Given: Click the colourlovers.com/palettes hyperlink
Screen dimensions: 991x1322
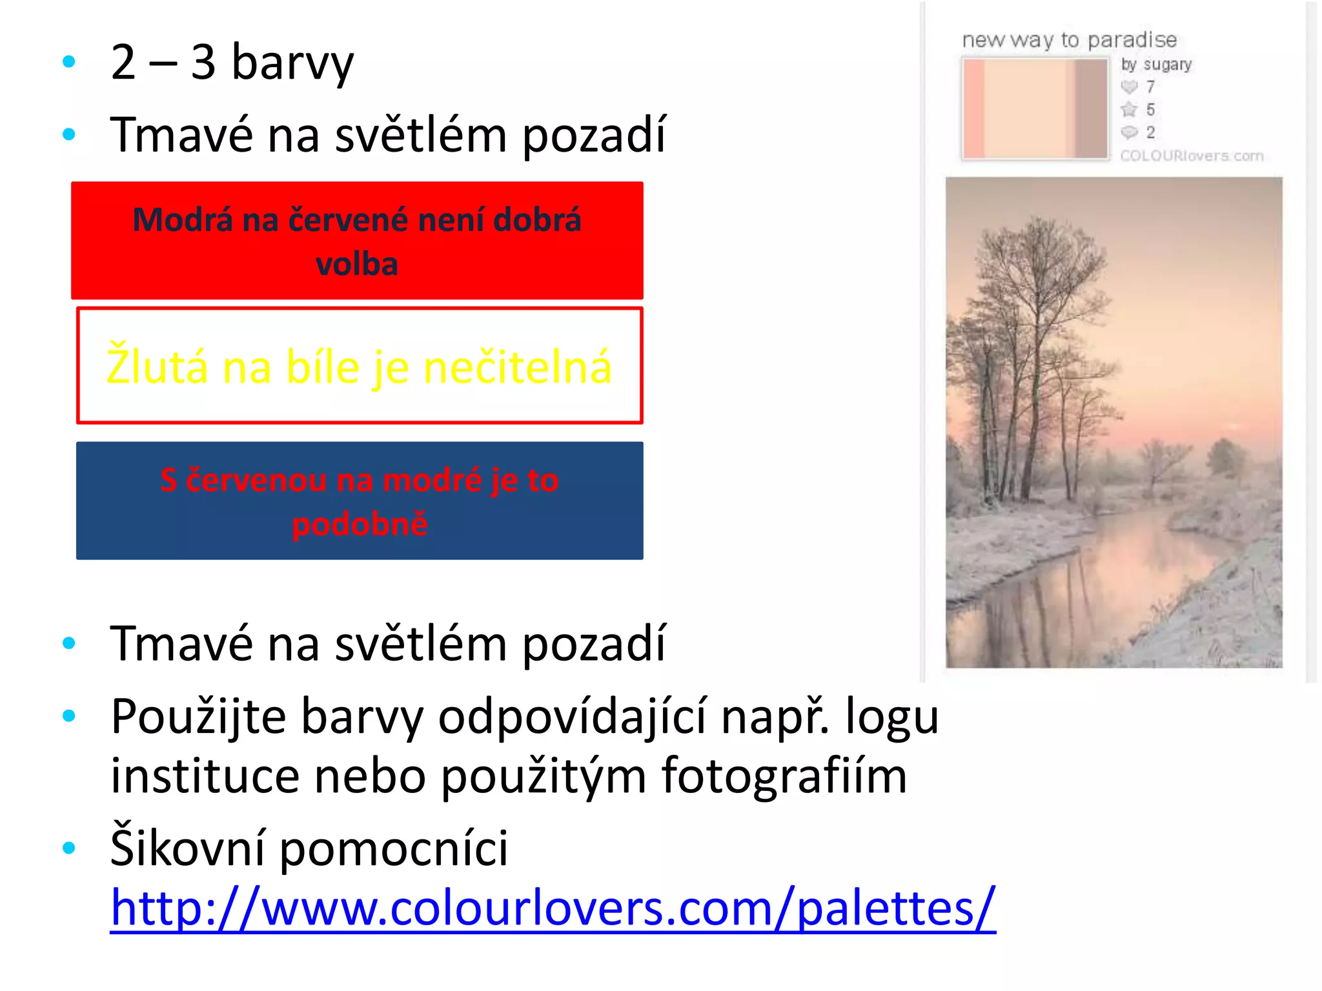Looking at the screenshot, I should click(553, 908).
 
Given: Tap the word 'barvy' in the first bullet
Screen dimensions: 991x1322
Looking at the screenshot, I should click(292, 63).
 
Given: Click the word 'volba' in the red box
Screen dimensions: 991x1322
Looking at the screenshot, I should click(357, 264).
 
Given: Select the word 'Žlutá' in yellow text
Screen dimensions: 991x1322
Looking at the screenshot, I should click(157, 366).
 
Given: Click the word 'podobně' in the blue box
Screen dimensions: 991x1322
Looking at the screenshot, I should click(360, 523).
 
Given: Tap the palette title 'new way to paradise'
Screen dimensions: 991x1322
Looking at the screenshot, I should click(1069, 40).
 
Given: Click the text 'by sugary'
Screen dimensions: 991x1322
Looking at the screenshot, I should click(1156, 65).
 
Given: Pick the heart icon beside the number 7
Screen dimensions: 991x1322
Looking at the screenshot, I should click(1129, 86).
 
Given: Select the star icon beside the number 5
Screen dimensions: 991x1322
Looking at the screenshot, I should click(1129, 109).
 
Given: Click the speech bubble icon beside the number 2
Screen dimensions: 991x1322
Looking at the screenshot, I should click(1129, 132).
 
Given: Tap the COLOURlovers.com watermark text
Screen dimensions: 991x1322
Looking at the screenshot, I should click(1192, 155).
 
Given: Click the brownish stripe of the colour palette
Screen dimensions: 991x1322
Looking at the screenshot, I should click(1091, 108).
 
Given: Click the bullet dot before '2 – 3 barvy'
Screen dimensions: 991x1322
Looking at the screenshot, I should click(69, 62).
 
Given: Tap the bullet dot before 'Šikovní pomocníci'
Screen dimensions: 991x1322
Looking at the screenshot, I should click(69, 848).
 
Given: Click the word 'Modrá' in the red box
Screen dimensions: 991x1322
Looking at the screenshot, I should click(182, 219).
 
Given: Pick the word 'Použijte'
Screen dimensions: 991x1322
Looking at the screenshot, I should click(198, 716).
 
